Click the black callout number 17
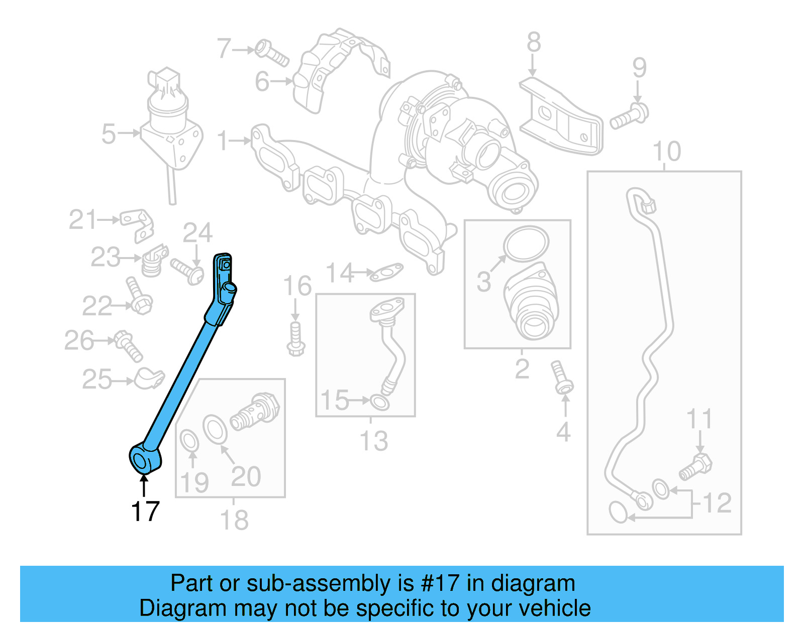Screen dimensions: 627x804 point(145,511)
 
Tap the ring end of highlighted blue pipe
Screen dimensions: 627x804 point(142,458)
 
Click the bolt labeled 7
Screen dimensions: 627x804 point(271,53)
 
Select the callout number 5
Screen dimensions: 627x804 point(109,134)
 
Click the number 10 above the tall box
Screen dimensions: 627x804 point(666,151)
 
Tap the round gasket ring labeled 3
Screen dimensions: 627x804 point(526,243)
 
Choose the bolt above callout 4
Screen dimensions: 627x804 point(561,377)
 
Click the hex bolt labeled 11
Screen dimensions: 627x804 point(696,465)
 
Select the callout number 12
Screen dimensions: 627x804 point(717,503)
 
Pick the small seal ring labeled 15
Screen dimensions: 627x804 point(380,402)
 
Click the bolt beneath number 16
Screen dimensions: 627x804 point(295,339)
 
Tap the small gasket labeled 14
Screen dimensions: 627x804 point(386,273)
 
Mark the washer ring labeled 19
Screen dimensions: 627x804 point(189,441)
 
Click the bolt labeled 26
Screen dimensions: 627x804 point(128,345)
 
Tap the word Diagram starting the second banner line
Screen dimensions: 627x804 point(182,608)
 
